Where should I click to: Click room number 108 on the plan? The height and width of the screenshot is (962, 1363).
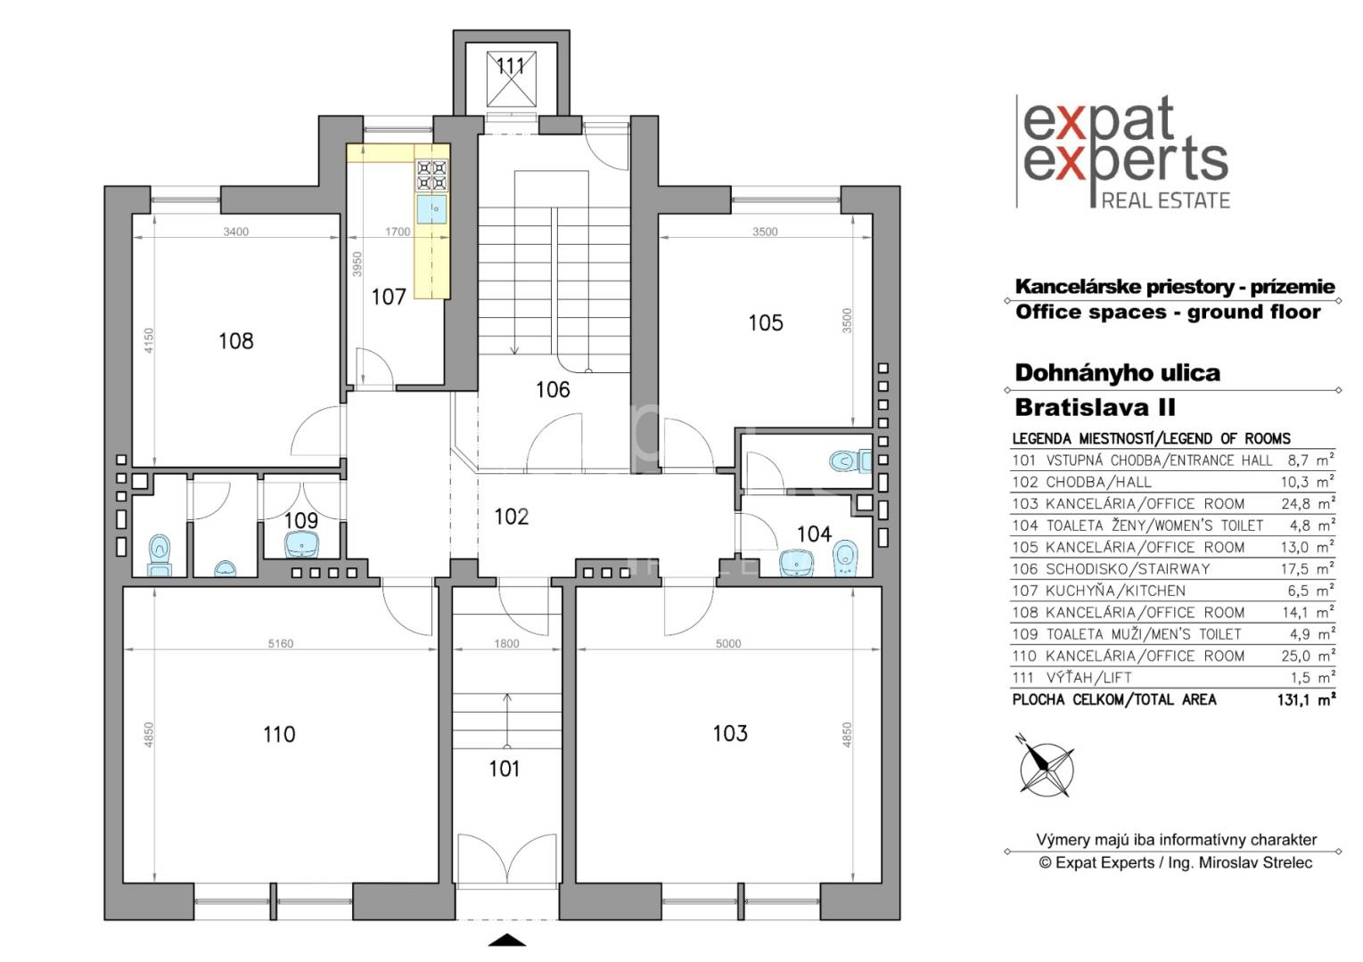point(235,341)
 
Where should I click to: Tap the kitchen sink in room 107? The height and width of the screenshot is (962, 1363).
point(431,209)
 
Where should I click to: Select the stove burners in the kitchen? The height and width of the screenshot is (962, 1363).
point(432,175)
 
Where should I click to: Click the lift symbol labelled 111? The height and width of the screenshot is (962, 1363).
point(511,79)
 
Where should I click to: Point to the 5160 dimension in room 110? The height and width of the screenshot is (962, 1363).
point(281,643)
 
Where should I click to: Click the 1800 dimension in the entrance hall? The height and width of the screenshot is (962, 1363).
point(506,643)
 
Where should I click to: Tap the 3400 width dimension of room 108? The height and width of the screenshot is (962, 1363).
point(236,232)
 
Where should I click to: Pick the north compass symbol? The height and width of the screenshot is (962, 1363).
point(1046,769)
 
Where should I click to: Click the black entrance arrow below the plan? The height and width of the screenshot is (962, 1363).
point(507,941)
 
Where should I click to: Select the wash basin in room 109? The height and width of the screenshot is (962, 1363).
point(302,544)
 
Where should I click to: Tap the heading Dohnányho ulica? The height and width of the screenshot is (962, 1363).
point(1117,372)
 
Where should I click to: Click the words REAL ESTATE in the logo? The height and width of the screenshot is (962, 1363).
point(1166,200)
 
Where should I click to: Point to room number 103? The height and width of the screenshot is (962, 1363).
point(729,733)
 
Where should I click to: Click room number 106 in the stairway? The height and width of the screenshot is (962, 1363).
point(553,390)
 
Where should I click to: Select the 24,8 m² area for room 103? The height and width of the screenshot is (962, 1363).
point(1308,503)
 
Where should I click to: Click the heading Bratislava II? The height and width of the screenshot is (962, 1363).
point(1096,407)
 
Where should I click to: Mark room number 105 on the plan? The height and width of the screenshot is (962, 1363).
point(766,323)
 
